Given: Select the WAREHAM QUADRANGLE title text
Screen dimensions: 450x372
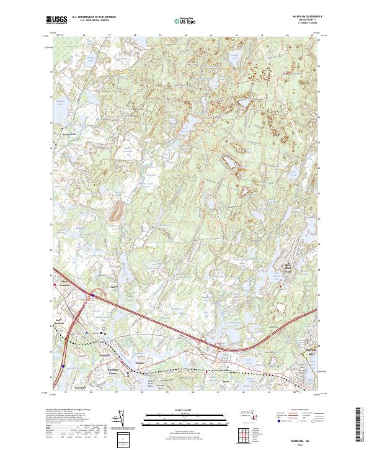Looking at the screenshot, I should pyautogui.click(x=309, y=17).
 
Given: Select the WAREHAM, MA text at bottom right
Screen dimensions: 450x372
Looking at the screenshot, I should pyautogui.click(x=308, y=438).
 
